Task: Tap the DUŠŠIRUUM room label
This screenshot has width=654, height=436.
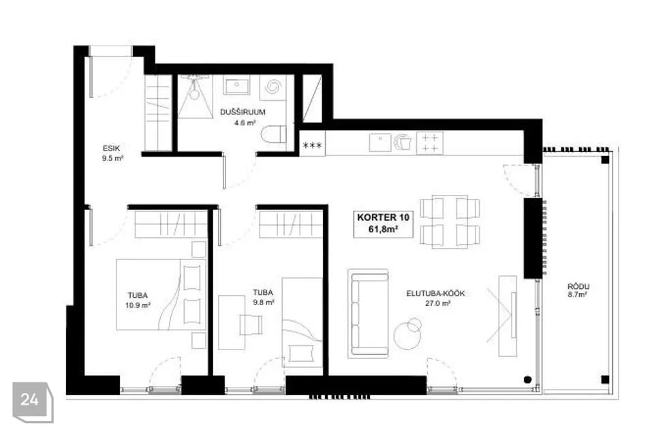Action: pos(243,112)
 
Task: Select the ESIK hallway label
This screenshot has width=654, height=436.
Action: pos(111,148)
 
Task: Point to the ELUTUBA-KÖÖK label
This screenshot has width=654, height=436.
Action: pos(435,294)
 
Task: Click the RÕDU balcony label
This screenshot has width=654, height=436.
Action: pos(578,287)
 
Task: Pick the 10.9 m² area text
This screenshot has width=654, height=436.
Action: pos(138,305)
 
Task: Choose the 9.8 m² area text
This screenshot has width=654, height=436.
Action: pos(264,302)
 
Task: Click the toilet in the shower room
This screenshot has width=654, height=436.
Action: pos(274,134)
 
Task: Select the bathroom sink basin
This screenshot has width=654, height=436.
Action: pos(236,85)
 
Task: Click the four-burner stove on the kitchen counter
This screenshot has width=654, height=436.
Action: pos(429,143)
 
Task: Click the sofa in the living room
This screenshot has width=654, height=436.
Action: pos(369,314)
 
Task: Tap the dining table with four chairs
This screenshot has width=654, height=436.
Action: pos(450,221)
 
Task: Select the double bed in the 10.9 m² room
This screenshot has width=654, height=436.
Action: pos(161,294)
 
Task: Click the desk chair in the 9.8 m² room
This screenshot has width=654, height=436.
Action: pos(251,325)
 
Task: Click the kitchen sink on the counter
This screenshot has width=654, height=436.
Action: pos(380,142)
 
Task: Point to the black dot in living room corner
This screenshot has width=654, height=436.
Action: pos(527,379)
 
